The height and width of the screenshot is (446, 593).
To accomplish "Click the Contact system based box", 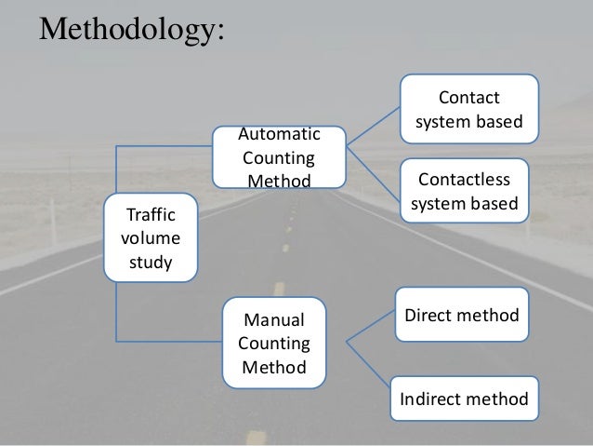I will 468,110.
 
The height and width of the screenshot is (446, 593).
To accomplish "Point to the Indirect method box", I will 464,400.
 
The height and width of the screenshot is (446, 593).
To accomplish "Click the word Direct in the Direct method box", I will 428,317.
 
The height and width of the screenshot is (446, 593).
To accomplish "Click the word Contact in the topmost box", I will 469,98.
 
